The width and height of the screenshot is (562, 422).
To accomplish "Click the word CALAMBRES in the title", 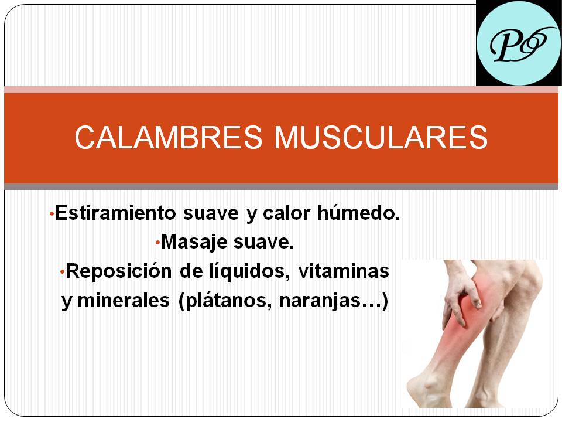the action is click(x=169, y=137).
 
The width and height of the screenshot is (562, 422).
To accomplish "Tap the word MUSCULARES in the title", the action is click(x=381, y=137).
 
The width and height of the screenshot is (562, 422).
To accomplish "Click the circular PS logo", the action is click(x=519, y=43).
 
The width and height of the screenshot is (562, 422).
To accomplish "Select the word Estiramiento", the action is click(x=115, y=213).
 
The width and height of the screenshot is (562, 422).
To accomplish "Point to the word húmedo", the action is click(x=359, y=213).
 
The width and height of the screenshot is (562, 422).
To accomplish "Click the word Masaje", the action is click(x=194, y=241).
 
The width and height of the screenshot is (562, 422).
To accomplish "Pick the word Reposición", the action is click(x=119, y=271).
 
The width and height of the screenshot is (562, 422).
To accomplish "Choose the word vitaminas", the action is click(x=344, y=271).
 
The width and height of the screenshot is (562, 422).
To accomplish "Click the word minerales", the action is click(x=124, y=300).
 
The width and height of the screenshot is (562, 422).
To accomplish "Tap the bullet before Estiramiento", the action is click(x=52, y=215).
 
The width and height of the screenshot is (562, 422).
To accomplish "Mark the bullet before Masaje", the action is click(x=157, y=243).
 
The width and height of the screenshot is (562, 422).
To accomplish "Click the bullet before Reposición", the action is click(x=62, y=273).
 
